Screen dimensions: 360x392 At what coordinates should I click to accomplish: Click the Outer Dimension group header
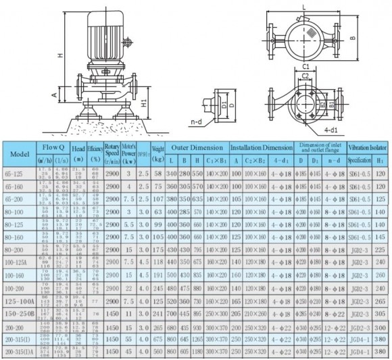(197, 147)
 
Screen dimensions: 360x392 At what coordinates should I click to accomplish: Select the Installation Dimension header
(262, 147)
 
